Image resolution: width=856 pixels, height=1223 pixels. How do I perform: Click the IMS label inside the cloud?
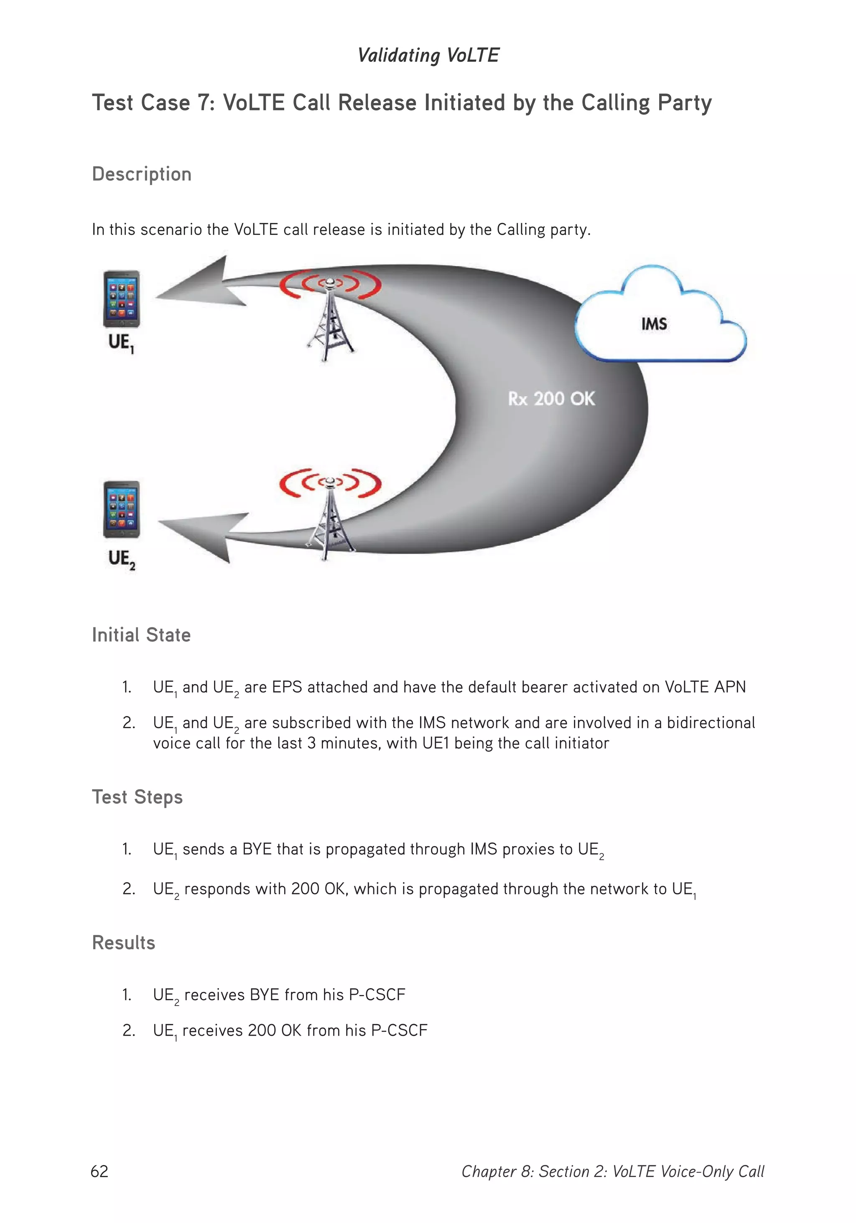point(654,324)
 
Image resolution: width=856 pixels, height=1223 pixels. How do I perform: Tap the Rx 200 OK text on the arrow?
point(551,398)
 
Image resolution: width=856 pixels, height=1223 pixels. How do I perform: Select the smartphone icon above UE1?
point(122,299)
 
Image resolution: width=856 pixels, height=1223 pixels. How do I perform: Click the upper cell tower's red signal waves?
point(330,284)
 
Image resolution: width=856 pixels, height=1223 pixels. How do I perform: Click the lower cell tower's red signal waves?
point(330,482)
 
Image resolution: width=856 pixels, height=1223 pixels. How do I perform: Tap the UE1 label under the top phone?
point(121,342)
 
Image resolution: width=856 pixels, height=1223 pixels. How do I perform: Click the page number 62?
point(99,1171)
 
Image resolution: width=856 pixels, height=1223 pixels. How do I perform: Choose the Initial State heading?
point(141,635)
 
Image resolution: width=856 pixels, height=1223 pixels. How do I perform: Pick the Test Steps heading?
point(138,797)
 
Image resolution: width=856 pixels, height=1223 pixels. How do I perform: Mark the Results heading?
point(124,942)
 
